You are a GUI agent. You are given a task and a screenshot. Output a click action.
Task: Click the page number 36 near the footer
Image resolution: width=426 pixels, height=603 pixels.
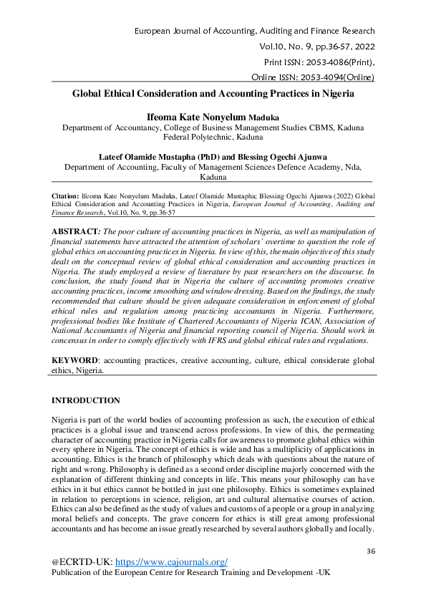tap(371, 550)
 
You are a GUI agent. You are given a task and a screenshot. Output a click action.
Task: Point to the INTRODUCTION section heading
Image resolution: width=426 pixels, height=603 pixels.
tap(85, 400)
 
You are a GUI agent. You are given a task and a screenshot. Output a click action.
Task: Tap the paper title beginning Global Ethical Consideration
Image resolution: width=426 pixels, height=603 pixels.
tap(213, 93)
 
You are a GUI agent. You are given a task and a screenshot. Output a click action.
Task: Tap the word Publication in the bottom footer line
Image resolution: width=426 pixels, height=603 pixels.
tap(77, 574)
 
